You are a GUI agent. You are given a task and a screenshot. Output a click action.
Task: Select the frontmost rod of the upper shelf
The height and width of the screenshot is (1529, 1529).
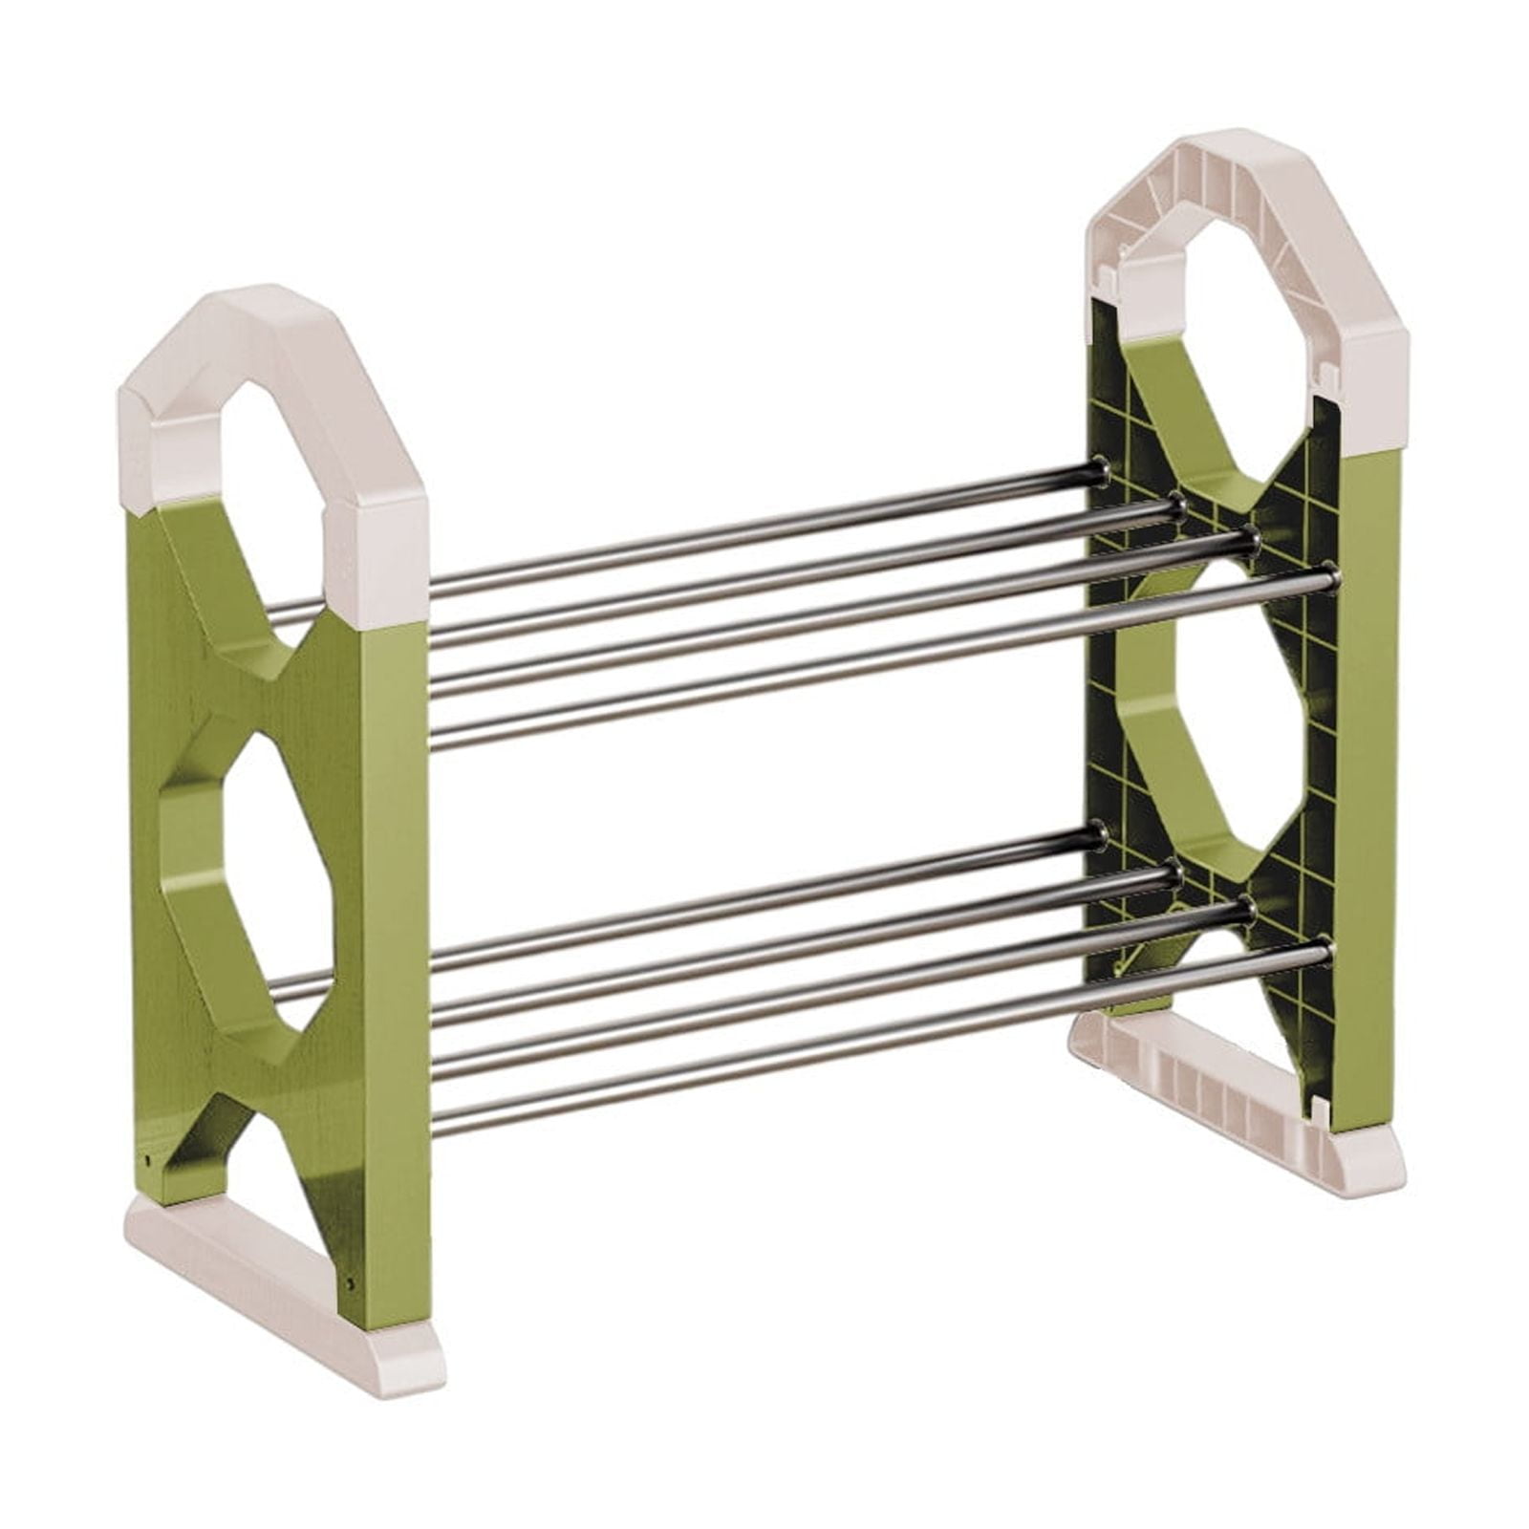tap(860, 659)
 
